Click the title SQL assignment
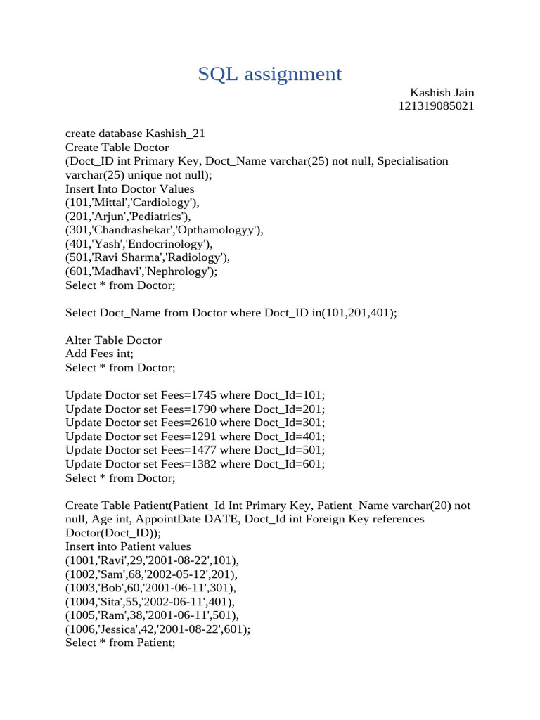[270, 74]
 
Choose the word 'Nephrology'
[179, 271]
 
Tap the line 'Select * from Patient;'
[120, 643]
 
